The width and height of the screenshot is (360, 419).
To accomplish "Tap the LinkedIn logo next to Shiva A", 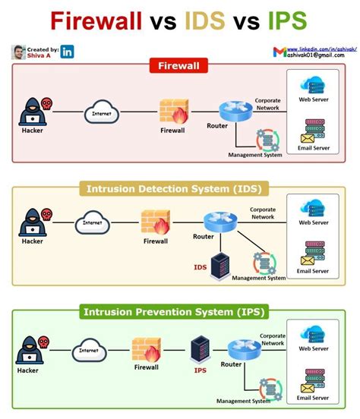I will coord(68,52).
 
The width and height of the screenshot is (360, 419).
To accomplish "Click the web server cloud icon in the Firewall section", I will coord(314,85).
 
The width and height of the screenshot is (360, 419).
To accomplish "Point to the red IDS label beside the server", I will coord(201,267).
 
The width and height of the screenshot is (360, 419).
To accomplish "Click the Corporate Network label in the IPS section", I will coord(273,339).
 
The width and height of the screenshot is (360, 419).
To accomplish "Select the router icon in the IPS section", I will coord(239,350).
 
